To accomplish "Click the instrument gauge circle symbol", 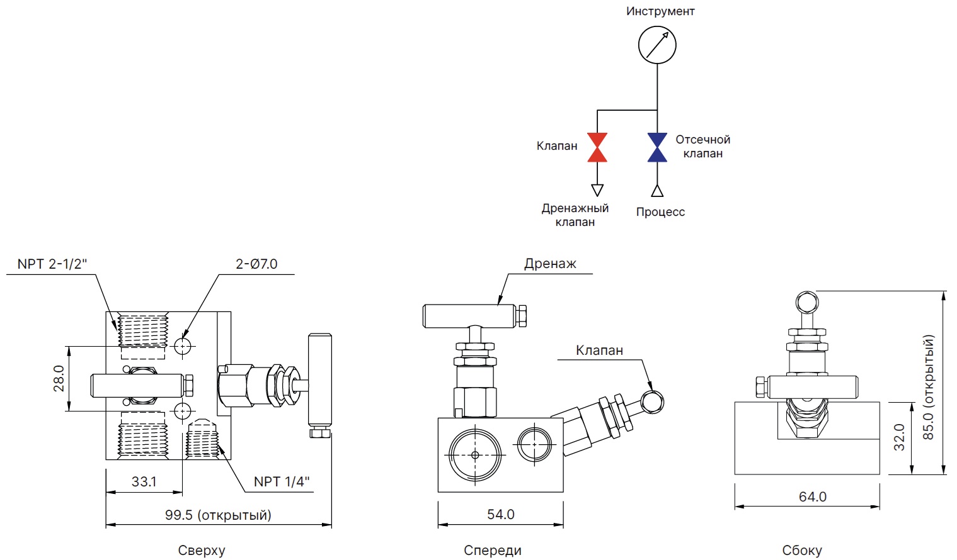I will pos(657,45).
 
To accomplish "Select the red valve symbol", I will pos(597,147).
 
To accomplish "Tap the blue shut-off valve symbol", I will pos(657,147).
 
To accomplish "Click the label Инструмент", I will pos(660,11).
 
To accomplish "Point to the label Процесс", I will pos(660,212).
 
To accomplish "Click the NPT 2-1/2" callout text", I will pos(52,264).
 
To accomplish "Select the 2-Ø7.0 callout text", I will pos(256,264).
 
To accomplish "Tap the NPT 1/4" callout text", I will pos(282,481).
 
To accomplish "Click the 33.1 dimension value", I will pos(144,481).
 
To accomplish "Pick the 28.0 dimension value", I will pos(59,378).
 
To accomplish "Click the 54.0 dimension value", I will pos(501,514).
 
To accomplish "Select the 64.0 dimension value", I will pos(813,496).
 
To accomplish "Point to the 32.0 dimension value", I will pos(899,437).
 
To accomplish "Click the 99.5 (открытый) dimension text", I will pos(218,515).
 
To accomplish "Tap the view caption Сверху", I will pos(202,551).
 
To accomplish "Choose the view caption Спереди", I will pos(493,551).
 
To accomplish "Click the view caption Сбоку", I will pos(802,551).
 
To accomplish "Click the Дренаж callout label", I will pos(550,264).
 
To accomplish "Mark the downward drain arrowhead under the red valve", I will pos(597,189).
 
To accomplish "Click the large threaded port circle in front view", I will pos(475,454).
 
